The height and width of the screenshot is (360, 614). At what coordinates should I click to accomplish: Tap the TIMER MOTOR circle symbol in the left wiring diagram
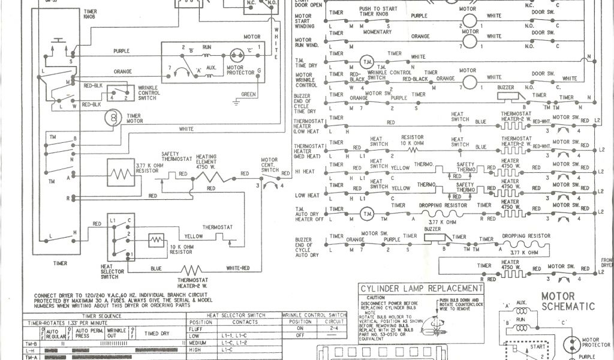[112, 118]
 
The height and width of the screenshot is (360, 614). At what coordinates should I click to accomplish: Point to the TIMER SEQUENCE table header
[106, 316]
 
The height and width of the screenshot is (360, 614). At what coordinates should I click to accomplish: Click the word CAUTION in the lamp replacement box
[377, 298]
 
